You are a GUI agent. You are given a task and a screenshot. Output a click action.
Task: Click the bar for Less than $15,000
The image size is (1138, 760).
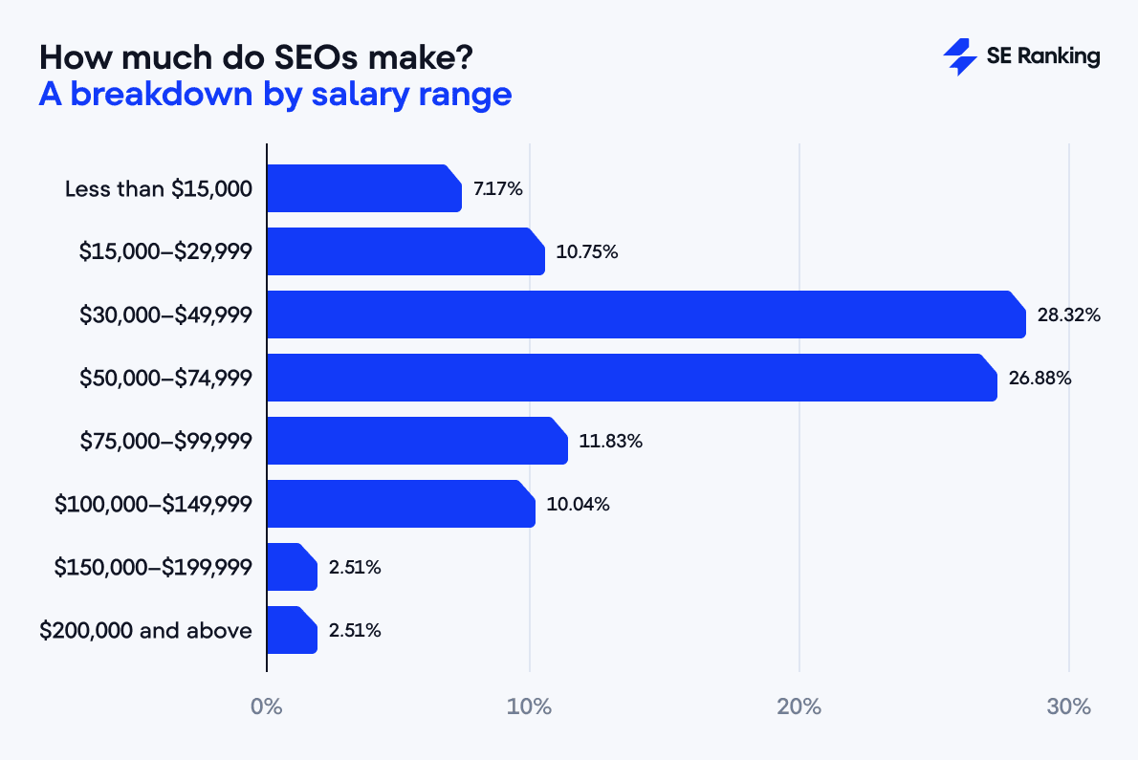(x=363, y=188)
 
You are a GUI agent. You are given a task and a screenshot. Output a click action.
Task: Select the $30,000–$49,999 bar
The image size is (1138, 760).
(x=646, y=315)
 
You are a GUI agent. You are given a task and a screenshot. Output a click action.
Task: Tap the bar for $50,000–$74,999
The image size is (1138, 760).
(x=631, y=378)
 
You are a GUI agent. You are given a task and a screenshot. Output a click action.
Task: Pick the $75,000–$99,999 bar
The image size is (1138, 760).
(x=417, y=441)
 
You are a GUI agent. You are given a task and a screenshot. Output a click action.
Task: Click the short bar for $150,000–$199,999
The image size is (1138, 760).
(x=292, y=567)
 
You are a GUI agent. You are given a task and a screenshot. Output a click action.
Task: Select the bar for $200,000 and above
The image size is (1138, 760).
(x=292, y=630)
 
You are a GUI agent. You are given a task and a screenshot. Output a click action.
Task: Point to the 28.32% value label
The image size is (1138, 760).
(x=1068, y=315)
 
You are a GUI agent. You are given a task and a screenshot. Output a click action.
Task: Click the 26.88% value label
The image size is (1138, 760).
(x=1040, y=378)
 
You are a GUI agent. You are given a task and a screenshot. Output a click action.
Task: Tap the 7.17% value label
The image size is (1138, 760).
(x=497, y=188)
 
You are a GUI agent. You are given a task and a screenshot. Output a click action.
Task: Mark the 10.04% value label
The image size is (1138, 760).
(x=578, y=504)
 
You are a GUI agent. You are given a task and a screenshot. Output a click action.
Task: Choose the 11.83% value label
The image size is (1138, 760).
(x=610, y=441)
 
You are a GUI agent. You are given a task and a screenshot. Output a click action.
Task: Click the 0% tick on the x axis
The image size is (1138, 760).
(x=266, y=707)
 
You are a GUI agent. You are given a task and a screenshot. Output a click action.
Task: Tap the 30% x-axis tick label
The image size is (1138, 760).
(x=1068, y=707)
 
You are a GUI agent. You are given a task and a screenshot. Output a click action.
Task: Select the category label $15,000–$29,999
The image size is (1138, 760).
(x=165, y=251)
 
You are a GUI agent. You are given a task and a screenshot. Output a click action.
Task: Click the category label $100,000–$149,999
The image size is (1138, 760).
(x=153, y=504)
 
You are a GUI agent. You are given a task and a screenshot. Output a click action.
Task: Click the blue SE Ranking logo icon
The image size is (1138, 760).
(x=959, y=57)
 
